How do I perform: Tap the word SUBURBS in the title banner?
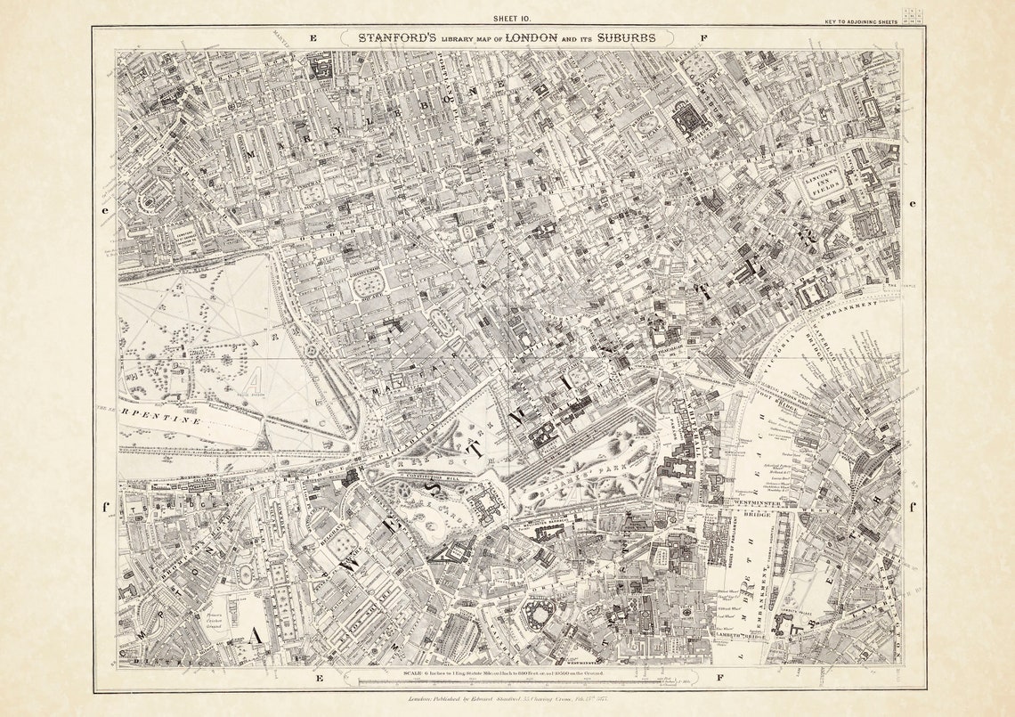pos(627,38)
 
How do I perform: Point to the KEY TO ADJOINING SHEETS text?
pos(862,21)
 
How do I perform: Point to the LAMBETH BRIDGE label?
pos(741,635)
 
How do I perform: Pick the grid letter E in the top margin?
pos(313,38)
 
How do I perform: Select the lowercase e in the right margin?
pos(911,203)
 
